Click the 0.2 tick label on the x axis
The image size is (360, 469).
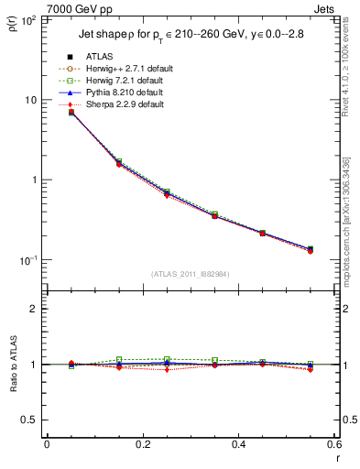click(x=143, y=445)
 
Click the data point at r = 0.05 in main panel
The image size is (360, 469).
click(x=71, y=112)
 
